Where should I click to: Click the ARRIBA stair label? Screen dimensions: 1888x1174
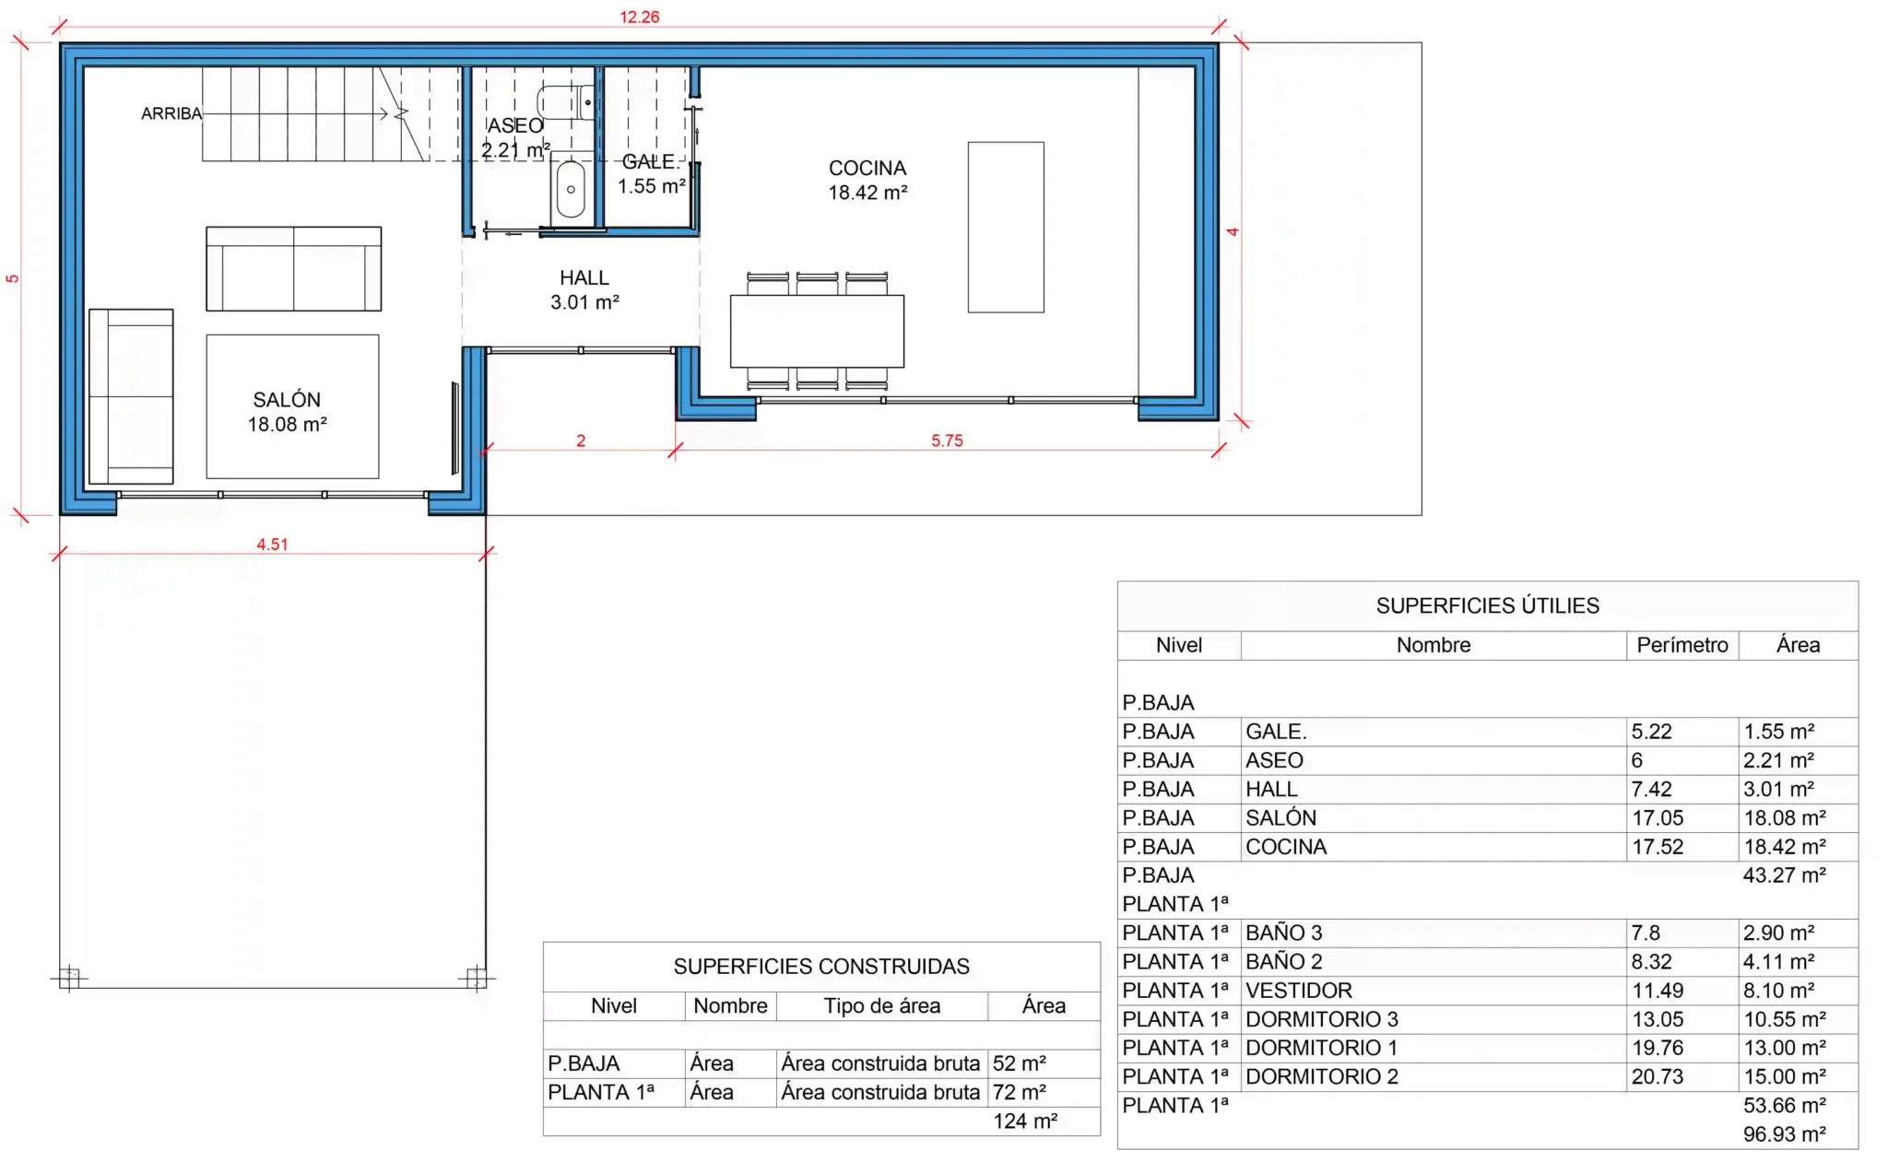pyautogui.click(x=171, y=113)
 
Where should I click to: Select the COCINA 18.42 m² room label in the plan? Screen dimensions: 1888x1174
pyautogui.click(x=867, y=180)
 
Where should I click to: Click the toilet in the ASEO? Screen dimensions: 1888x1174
pyautogui.click(x=565, y=102)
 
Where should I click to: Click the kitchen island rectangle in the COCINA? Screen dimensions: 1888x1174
pyautogui.click(x=1006, y=227)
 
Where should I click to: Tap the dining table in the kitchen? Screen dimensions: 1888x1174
pyautogui.click(x=817, y=331)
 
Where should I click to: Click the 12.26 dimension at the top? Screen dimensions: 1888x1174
pyautogui.click(x=639, y=17)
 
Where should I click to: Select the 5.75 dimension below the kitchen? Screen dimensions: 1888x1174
pyautogui.click(x=947, y=440)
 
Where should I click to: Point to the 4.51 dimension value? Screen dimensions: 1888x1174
pyautogui.click(x=272, y=545)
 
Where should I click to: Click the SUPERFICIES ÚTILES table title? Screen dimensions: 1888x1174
pyautogui.click(x=1487, y=605)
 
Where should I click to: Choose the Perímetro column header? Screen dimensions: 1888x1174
pyautogui.click(x=1682, y=645)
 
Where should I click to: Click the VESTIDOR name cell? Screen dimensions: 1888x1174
pyautogui.click(x=1299, y=991)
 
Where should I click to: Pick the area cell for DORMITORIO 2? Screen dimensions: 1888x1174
pyautogui.click(x=1785, y=1076)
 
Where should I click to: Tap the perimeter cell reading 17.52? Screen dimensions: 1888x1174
pyautogui.click(x=1658, y=847)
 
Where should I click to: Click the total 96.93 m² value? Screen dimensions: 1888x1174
pyautogui.click(x=1785, y=1134)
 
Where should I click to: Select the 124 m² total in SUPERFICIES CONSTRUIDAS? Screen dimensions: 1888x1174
pyautogui.click(x=1025, y=1121)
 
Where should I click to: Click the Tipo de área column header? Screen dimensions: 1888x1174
pyautogui.click(x=882, y=1005)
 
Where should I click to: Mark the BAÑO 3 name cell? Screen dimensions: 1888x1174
pyautogui.click(x=1284, y=933)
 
